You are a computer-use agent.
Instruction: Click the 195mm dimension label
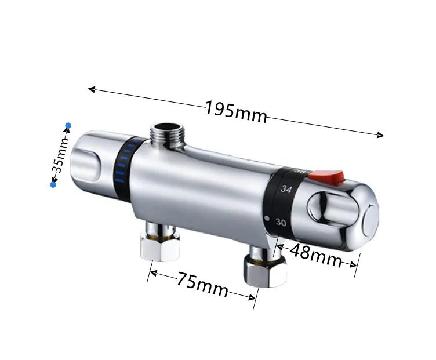click(x=236, y=112)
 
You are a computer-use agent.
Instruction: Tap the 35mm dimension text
click(x=60, y=155)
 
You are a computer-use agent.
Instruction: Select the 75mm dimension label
click(x=202, y=285)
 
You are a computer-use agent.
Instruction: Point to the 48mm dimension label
click(x=315, y=256)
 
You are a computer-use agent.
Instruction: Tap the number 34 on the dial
click(x=286, y=189)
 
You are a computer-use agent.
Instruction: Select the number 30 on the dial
click(x=281, y=223)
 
